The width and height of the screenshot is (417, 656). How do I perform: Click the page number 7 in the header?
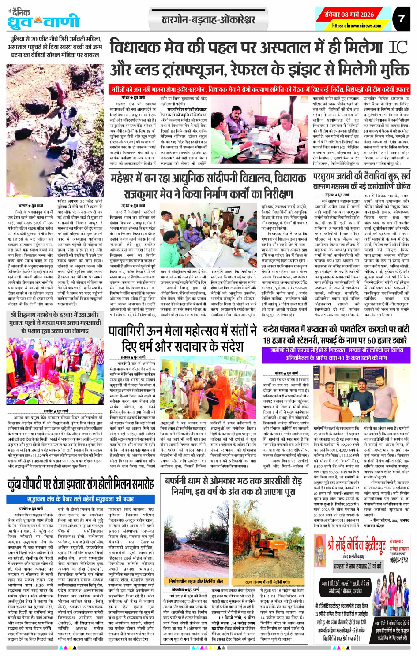click(x=401, y=19)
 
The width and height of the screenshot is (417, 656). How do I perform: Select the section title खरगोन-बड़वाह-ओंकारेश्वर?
click(x=208, y=20)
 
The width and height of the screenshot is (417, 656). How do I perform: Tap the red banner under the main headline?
click(x=260, y=89)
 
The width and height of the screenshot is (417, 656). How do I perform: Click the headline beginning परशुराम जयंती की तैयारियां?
click(x=361, y=181)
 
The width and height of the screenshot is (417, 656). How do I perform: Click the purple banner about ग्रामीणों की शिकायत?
click(x=336, y=355)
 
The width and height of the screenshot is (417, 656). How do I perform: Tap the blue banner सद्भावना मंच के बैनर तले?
click(x=79, y=500)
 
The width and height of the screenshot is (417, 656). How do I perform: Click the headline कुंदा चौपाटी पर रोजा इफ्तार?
click(x=80, y=486)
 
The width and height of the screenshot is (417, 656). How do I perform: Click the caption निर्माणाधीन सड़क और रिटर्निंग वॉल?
click(x=196, y=582)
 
